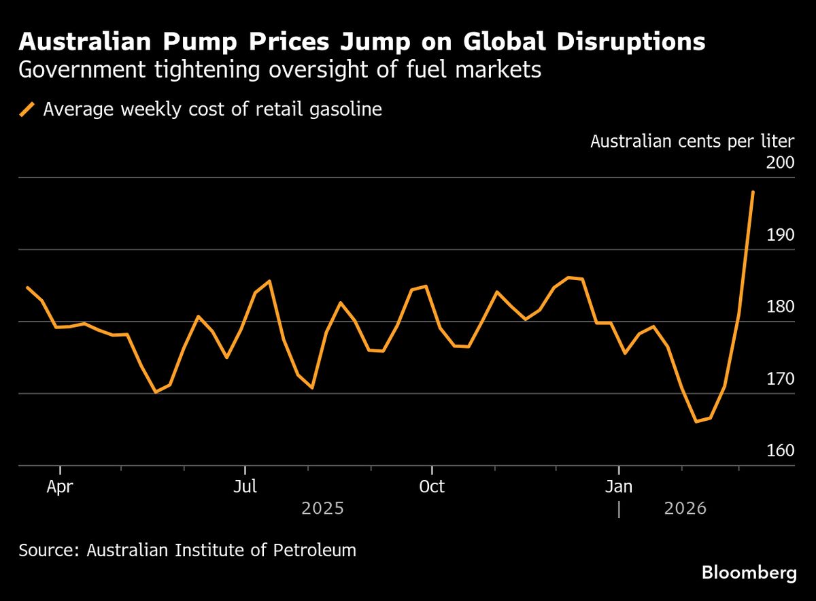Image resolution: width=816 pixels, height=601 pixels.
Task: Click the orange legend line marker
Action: (x=27, y=109)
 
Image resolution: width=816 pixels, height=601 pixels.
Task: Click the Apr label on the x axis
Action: (x=61, y=487)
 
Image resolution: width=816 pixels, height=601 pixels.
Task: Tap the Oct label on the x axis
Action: (x=432, y=487)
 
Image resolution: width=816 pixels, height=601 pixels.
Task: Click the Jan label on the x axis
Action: (x=619, y=487)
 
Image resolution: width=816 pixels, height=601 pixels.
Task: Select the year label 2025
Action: (x=323, y=509)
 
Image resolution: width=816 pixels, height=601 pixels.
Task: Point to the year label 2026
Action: (x=685, y=509)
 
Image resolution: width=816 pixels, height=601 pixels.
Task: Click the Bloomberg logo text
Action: (x=749, y=573)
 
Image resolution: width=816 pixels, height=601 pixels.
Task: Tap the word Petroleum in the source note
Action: (x=319, y=550)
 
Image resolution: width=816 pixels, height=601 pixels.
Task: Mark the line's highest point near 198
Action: (x=753, y=192)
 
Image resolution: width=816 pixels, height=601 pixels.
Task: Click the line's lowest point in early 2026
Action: (x=696, y=422)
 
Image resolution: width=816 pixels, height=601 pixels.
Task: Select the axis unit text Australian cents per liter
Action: (x=692, y=141)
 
